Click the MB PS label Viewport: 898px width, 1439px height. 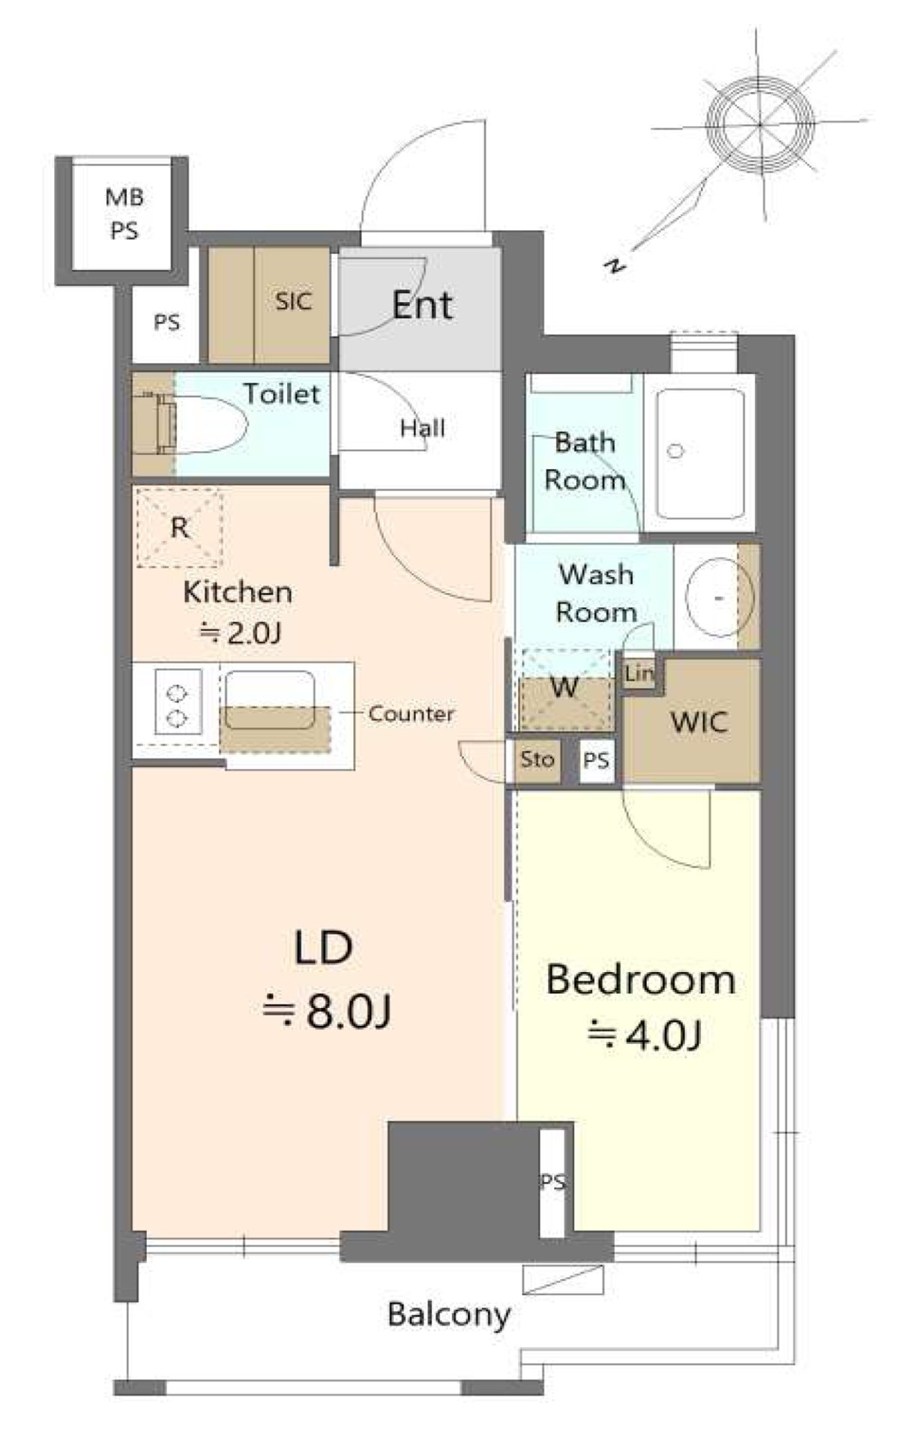(124, 214)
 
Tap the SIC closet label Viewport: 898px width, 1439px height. (293, 301)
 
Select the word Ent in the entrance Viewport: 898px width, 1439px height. (422, 305)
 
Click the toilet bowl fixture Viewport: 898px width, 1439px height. (202, 423)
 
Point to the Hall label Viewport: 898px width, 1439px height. (423, 428)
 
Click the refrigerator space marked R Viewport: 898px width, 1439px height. (178, 528)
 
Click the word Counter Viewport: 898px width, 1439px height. (411, 714)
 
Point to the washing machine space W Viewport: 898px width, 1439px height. (566, 688)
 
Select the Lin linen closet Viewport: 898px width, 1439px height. (639, 673)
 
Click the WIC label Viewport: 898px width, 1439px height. (699, 722)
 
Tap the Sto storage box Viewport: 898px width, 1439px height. (537, 760)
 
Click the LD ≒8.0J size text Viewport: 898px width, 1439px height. (325, 980)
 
